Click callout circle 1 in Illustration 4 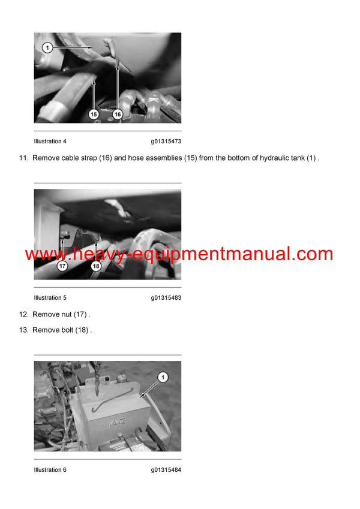(x=47, y=47)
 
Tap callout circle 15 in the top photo (x=94, y=113)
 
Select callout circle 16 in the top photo (x=118, y=113)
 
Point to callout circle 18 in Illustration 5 (x=95, y=266)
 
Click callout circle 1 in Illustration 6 (x=163, y=377)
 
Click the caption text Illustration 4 (x=50, y=141)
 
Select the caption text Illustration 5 (x=50, y=298)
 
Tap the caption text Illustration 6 (x=50, y=470)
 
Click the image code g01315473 (x=166, y=141)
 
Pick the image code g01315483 (x=166, y=298)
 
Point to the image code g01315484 (x=166, y=470)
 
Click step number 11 (x=24, y=158)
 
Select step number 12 (x=24, y=315)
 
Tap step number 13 (x=24, y=330)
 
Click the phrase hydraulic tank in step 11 (x=278, y=158)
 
